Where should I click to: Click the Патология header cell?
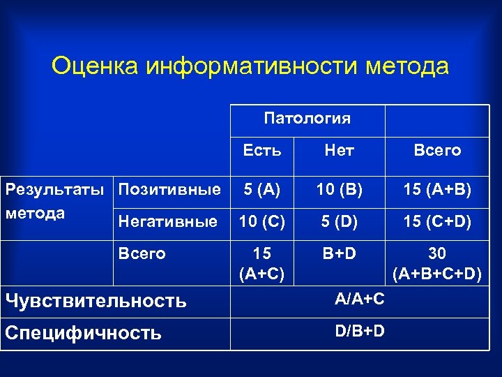(307, 119)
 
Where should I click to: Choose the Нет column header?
(340, 150)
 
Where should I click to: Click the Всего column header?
(437, 150)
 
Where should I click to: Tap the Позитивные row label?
(169, 189)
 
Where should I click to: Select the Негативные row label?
(168, 222)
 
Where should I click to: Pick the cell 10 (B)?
(340, 190)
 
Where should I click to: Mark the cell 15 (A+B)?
(437, 190)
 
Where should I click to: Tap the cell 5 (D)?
(340, 222)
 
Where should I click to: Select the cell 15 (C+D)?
(437, 222)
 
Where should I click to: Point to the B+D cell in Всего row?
(340, 253)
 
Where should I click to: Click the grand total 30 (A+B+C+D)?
(437, 263)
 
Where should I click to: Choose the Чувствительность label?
(96, 301)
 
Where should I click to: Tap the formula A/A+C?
(359, 299)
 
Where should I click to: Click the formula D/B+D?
(359, 330)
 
